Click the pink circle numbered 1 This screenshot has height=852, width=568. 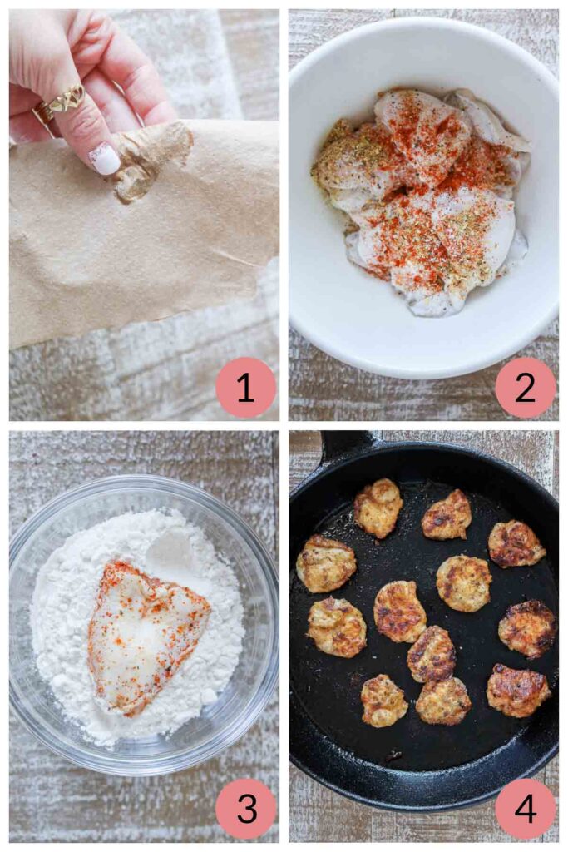[x=245, y=387]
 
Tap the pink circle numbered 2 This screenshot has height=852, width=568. [x=525, y=387]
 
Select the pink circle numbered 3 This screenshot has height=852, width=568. [x=246, y=809]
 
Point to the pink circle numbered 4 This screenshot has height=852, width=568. [x=525, y=809]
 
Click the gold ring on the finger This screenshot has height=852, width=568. [x=60, y=103]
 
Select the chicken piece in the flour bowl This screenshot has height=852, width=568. [x=146, y=636]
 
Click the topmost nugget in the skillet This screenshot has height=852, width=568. [x=378, y=508]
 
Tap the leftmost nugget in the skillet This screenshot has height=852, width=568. [x=325, y=563]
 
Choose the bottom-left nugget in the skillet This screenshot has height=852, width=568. [x=384, y=701]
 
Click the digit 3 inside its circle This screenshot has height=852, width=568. [x=246, y=809]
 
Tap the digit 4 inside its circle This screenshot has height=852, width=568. [x=525, y=809]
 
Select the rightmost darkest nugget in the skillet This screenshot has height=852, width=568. [x=527, y=628]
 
